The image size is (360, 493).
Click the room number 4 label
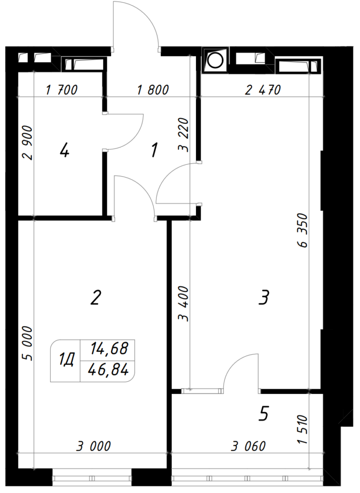click(x=64, y=150)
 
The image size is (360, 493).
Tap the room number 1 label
click(x=154, y=150)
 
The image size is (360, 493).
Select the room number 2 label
click(x=96, y=298)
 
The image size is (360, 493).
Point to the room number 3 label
click(x=264, y=298)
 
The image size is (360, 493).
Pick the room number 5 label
click(x=263, y=413)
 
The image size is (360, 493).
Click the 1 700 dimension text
click(x=62, y=90)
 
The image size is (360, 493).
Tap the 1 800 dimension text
click(x=153, y=90)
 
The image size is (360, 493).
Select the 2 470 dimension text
click(x=263, y=90)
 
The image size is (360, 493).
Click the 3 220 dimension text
click(x=183, y=135)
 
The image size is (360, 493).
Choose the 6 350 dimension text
click(x=302, y=231)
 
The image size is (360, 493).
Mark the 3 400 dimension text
click(x=183, y=304)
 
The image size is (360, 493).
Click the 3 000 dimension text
click(x=94, y=446)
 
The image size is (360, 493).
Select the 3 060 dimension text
click(x=248, y=446)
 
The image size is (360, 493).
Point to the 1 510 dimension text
click(x=302, y=429)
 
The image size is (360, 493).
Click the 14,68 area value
click(x=109, y=349)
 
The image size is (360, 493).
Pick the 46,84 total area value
click(x=108, y=370)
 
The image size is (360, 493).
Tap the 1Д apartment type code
click(x=66, y=360)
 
